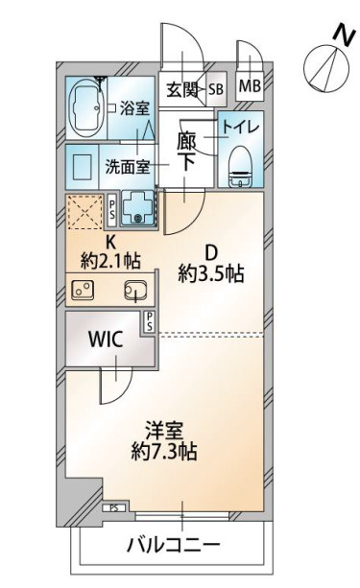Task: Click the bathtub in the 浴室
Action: [x=86, y=107]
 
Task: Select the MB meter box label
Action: [x=250, y=86]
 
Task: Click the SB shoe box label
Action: [x=216, y=89]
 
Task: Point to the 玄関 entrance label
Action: [x=182, y=89]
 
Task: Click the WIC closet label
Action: [x=106, y=339]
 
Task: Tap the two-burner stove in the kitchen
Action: [x=83, y=290]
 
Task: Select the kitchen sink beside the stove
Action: [x=135, y=291]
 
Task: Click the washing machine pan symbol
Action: [x=137, y=209]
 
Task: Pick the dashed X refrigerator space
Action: [x=84, y=212]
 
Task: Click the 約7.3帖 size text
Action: [x=164, y=452]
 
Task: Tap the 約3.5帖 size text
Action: [x=211, y=273]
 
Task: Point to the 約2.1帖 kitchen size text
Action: [x=110, y=260]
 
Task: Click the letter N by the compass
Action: [x=344, y=35]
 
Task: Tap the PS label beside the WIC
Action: [x=150, y=321]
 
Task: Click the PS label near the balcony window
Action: [x=114, y=508]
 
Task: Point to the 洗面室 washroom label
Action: [x=128, y=167]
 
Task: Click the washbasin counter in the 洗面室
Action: [x=83, y=167]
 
